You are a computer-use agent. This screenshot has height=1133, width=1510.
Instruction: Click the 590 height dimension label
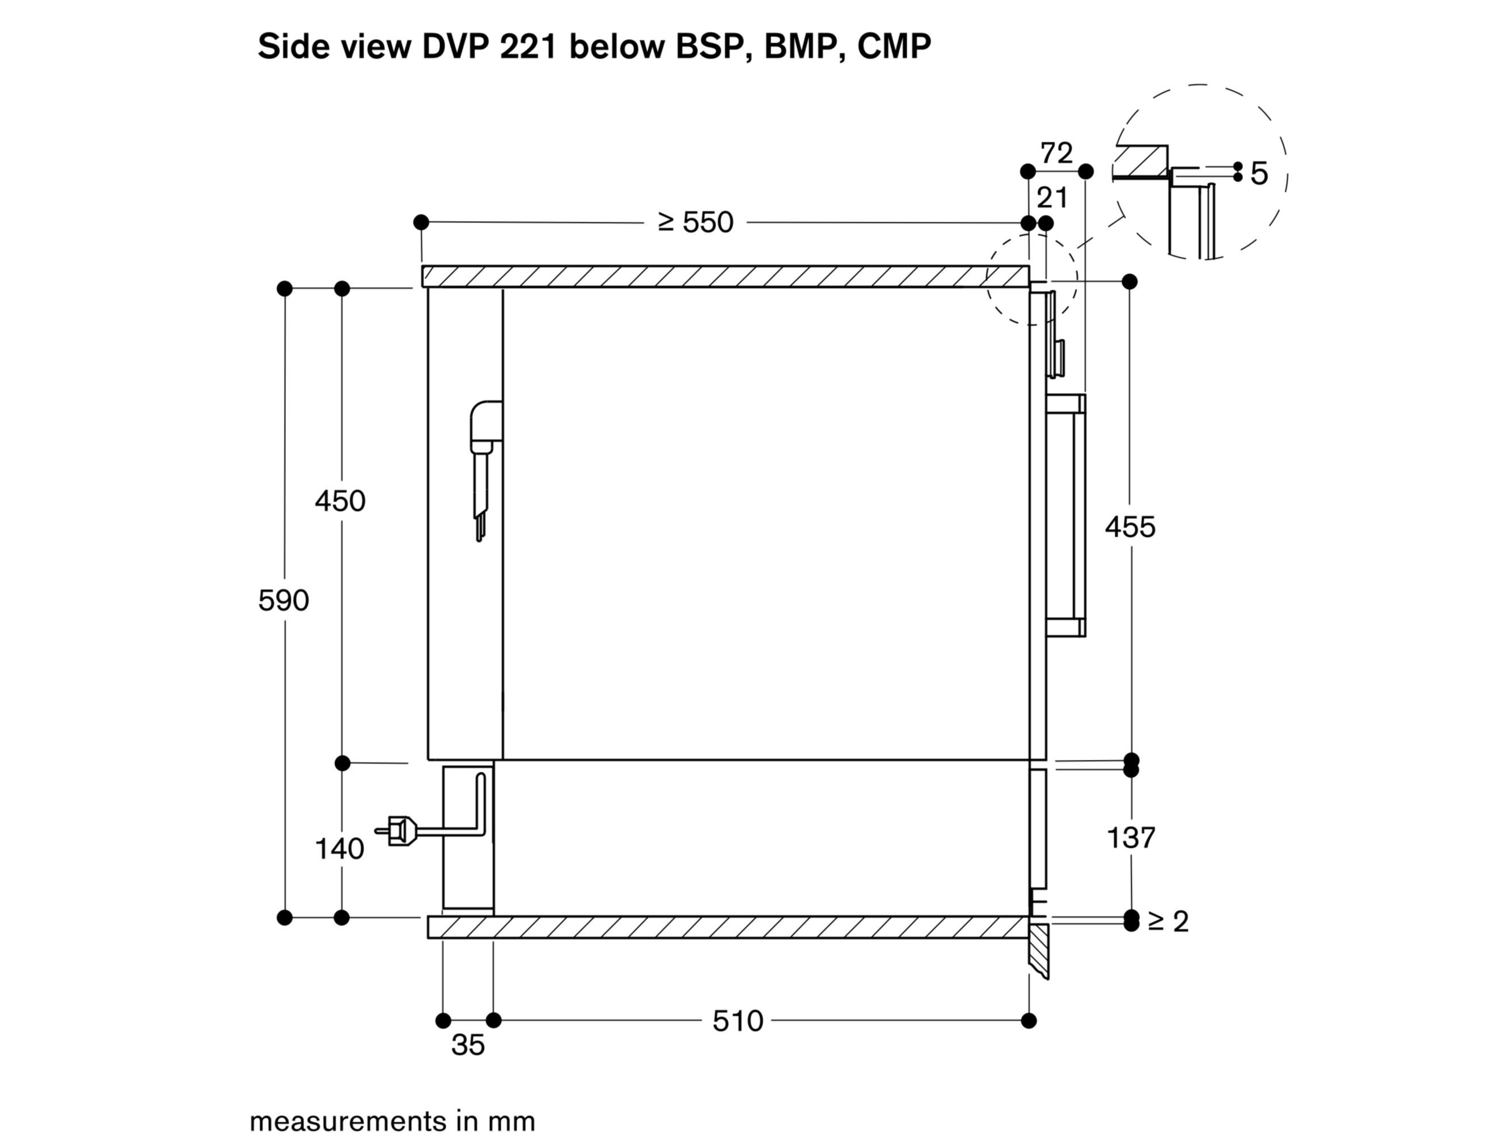(x=284, y=601)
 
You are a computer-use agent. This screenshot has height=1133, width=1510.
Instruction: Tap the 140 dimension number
(x=339, y=849)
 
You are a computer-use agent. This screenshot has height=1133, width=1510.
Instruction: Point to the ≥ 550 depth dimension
(x=695, y=222)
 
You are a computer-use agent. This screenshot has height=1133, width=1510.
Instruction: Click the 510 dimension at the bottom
(x=737, y=1021)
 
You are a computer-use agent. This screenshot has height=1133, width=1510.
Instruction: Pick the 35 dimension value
(x=468, y=1046)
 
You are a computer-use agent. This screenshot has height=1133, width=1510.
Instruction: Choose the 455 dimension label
(x=1131, y=527)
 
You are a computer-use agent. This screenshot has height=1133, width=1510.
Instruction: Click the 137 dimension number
(x=1131, y=838)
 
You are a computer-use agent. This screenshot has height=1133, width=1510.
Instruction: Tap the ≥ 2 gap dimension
(x=1168, y=921)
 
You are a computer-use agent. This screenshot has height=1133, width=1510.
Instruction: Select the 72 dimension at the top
(x=1056, y=154)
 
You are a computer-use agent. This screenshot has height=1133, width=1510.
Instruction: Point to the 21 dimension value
(x=1052, y=198)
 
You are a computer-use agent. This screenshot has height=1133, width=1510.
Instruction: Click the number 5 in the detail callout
(x=1259, y=174)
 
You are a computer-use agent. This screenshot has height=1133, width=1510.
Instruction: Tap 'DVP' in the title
(x=456, y=46)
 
